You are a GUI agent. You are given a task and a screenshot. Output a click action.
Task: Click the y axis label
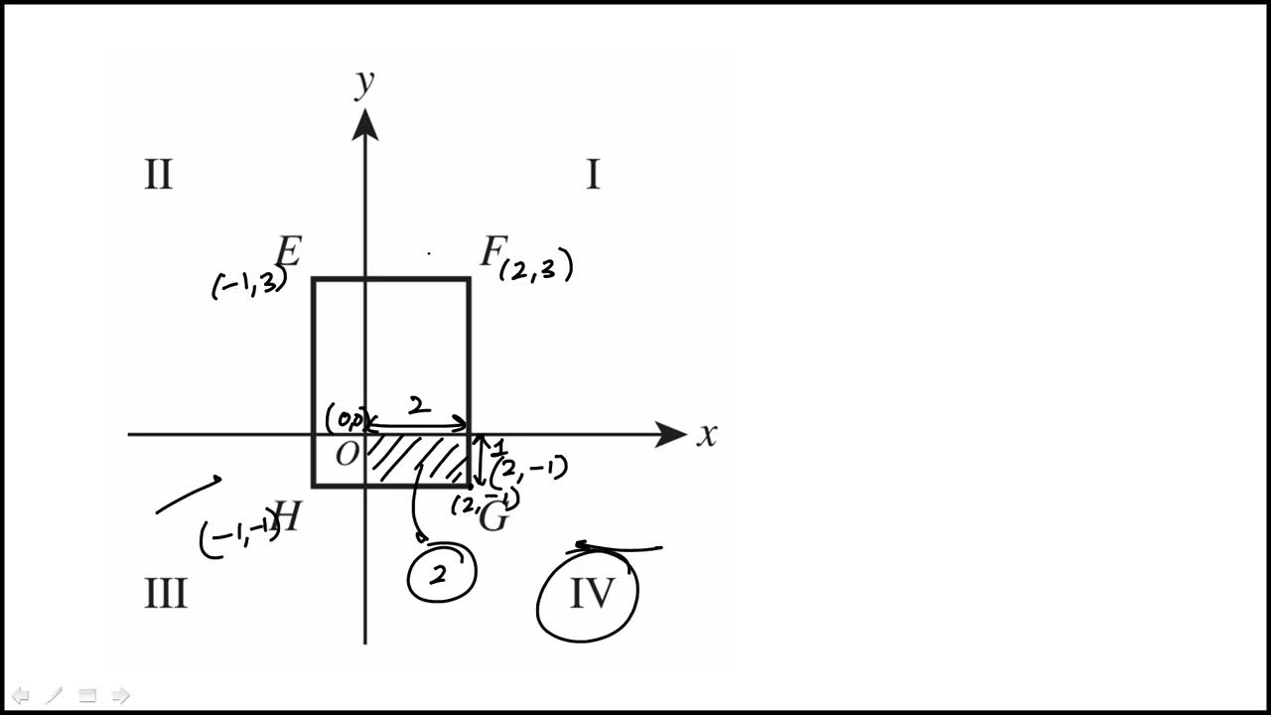[365, 83]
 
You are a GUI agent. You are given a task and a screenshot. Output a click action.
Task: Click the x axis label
[706, 435]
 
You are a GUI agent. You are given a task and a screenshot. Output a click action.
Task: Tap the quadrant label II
[159, 175]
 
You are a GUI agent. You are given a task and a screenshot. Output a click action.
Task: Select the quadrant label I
[593, 175]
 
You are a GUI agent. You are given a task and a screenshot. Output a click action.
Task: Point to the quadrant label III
[166, 594]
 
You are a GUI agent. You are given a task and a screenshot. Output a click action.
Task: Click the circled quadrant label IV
[592, 594]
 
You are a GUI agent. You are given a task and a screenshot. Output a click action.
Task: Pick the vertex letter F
[491, 252]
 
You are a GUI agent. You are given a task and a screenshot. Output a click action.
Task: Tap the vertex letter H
[287, 516]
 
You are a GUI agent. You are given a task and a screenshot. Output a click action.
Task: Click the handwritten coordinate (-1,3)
[249, 285]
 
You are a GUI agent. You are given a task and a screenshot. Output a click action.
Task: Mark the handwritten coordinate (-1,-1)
[239, 537]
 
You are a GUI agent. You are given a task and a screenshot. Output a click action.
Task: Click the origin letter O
[347, 456]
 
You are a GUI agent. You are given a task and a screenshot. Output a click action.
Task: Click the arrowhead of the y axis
[365, 124]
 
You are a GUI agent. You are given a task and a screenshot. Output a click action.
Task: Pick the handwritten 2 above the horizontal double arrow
[419, 406]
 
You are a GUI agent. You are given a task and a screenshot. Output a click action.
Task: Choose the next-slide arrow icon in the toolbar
[120, 695]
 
